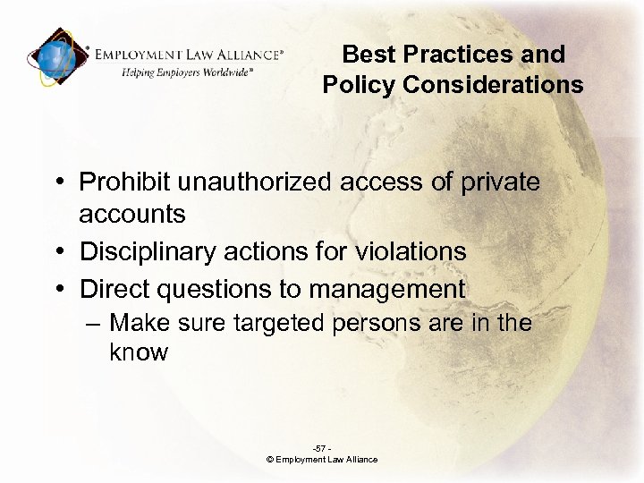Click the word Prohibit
coord(124,182)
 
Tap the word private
coord(499,182)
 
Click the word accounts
coord(132,215)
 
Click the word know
coord(139,352)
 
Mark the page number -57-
coord(321,448)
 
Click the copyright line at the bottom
coord(322,460)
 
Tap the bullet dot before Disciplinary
coord(58,252)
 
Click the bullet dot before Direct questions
coord(58,290)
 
